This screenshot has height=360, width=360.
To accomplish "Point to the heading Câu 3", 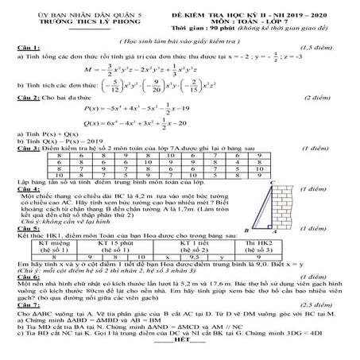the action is tap(26, 171).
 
